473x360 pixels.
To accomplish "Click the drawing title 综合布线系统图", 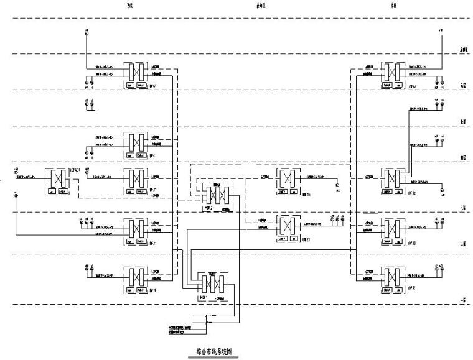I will click(x=213, y=351).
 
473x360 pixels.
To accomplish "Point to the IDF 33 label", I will click(x=306, y=195).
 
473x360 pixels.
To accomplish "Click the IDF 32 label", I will click(x=411, y=193).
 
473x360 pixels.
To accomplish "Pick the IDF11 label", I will click(x=152, y=290).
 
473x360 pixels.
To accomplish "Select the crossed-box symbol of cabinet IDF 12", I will click(x=390, y=277).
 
